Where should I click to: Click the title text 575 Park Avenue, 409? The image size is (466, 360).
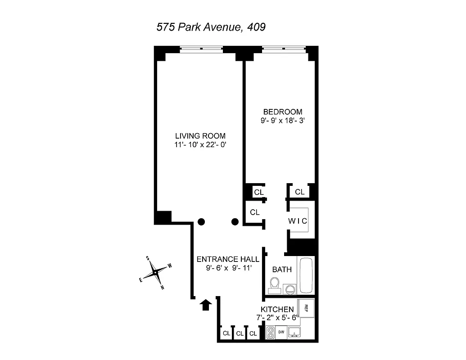210,27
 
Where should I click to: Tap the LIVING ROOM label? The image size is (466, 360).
200,136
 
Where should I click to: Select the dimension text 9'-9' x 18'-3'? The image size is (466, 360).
283,121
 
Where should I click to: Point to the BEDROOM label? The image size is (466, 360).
283,112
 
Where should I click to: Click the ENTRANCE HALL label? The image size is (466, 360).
228,259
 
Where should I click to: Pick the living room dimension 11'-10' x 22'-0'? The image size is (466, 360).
200,145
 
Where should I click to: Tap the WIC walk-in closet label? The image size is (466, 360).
298,221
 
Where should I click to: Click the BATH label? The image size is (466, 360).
282,270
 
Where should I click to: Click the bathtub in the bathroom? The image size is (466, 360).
306,275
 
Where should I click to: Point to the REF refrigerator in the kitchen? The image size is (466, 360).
306,308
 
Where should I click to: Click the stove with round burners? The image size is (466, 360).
271,332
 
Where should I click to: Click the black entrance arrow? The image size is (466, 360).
206,305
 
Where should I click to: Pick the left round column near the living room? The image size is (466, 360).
202,221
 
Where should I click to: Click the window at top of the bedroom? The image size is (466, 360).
283,49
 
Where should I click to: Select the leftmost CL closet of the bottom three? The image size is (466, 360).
226,333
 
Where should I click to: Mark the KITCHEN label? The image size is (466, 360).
277,310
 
